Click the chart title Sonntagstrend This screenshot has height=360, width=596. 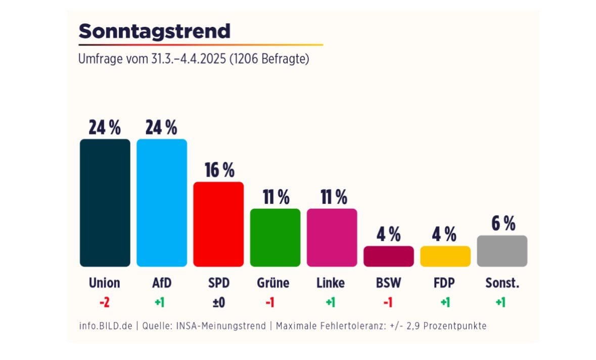(x=154, y=31)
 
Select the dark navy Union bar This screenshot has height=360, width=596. (x=105, y=202)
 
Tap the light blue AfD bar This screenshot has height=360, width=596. (x=162, y=202)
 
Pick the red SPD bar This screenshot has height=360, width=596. (x=218, y=224)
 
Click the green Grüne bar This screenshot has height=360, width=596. (x=275, y=237)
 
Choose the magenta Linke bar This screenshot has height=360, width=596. (x=332, y=237)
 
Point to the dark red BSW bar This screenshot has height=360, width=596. (x=388, y=256)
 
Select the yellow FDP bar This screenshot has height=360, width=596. (x=445, y=256)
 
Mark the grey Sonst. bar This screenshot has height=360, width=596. (x=502, y=251)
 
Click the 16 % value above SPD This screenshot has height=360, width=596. (x=219, y=170)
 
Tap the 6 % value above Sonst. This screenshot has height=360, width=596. (x=503, y=223)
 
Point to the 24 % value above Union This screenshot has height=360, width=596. (x=105, y=128)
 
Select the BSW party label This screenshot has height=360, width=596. (x=388, y=283)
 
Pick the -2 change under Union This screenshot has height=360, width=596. (x=105, y=302)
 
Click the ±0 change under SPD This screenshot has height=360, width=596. (x=218, y=302)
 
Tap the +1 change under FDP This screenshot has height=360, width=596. (x=445, y=302)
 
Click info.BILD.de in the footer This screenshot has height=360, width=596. (x=105, y=326)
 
